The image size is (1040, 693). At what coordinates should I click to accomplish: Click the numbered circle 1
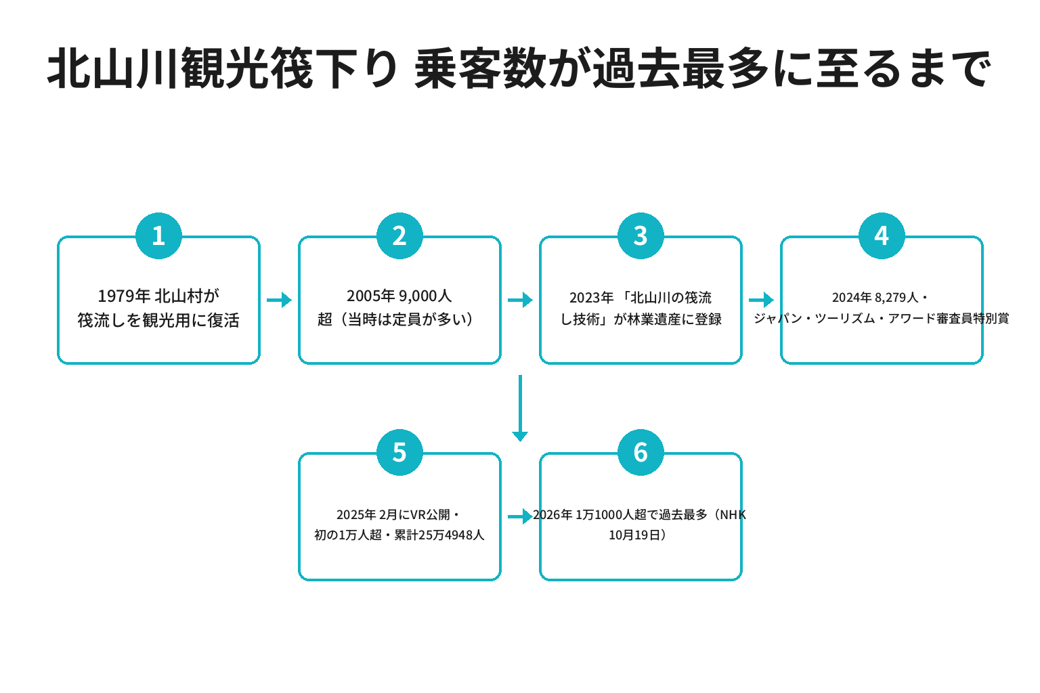click(x=158, y=236)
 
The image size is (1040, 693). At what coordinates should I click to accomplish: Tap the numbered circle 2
click(x=399, y=236)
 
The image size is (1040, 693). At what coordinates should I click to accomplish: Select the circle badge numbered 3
click(x=641, y=236)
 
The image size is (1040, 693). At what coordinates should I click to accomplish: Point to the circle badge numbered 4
click(x=881, y=236)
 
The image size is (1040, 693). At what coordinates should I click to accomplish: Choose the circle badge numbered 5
click(x=399, y=452)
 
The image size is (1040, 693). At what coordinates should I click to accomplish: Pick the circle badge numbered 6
click(x=641, y=452)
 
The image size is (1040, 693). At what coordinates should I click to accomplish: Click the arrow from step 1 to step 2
click(x=279, y=300)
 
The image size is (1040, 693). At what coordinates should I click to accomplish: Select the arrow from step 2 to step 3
click(x=520, y=300)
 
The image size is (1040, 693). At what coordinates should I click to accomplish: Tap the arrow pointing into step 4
click(x=761, y=300)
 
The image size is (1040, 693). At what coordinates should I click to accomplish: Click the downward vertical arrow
click(x=520, y=408)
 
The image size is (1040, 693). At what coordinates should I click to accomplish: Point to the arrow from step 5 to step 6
click(x=520, y=516)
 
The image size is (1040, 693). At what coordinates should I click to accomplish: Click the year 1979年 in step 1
click(x=123, y=296)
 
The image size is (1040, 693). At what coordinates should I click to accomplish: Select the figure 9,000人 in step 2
click(x=425, y=296)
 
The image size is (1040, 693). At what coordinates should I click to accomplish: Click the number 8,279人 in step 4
click(x=896, y=298)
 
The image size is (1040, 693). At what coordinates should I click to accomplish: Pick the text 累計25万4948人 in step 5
click(x=439, y=535)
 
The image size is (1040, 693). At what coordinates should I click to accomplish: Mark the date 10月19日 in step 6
click(x=634, y=535)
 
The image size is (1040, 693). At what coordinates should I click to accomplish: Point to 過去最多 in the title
click(x=682, y=68)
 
